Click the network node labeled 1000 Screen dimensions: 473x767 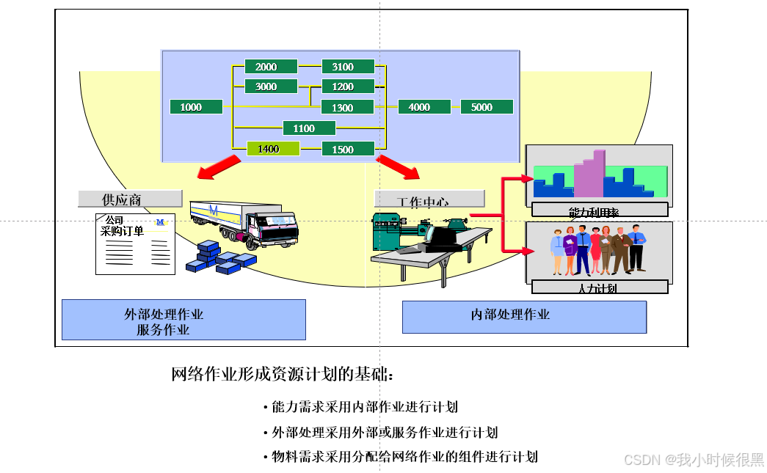point(195,107)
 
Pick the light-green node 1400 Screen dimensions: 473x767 point(273,149)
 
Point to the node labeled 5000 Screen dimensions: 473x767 point(487,107)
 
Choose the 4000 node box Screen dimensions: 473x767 point(424,107)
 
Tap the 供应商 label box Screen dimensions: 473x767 point(130,199)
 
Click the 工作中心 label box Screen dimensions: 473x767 point(429,199)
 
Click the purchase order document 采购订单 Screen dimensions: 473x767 point(135,244)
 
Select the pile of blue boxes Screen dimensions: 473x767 point(219,258)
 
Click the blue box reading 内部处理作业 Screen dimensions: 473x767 point(524,316)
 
